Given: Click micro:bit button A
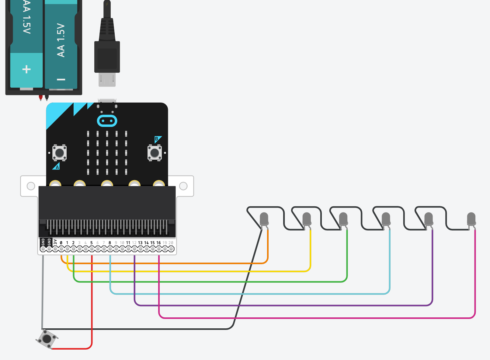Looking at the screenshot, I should (60, 152).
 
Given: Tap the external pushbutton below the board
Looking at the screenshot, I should (47, 339).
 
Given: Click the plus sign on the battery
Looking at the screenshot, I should (26, 69).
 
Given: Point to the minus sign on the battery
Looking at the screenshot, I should (61, 79).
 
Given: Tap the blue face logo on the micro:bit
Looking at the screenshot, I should (107, 121).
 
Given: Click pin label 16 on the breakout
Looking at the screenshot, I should (158, 243).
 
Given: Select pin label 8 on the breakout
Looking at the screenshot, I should (110, 243).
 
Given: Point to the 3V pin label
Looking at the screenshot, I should (55, 242).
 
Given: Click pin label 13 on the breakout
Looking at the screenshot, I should (140, 243).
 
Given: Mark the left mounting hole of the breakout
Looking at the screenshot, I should (31, 186).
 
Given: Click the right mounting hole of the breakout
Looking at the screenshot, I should (183, 186).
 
